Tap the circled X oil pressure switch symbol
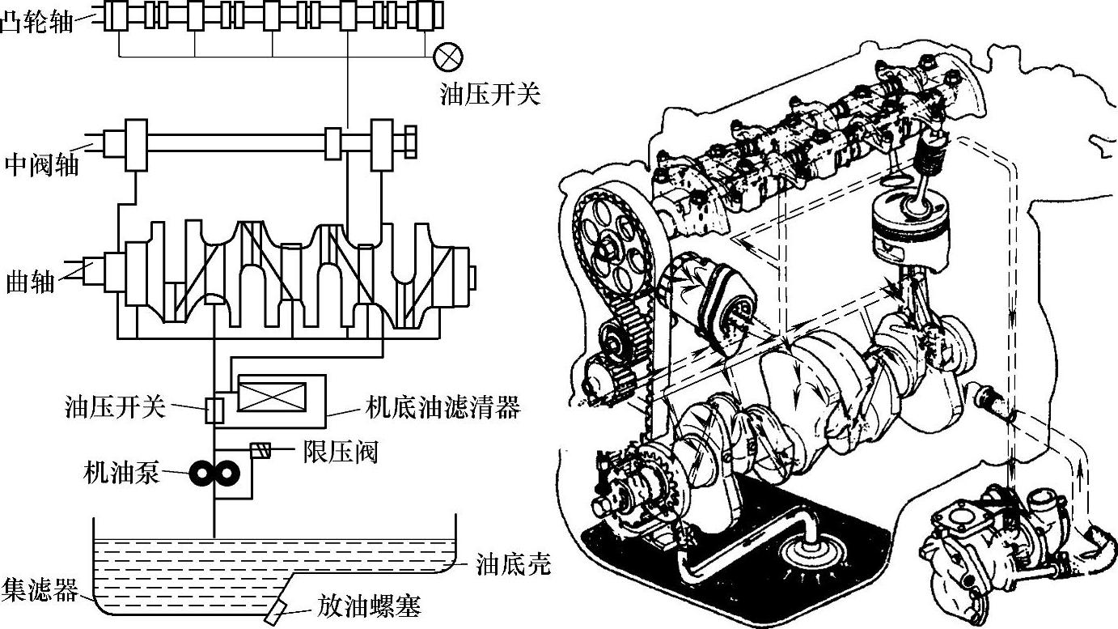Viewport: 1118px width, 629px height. [x=447, y=56]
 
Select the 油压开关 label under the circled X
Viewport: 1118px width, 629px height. [x=489, y=95]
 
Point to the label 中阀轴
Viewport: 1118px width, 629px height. [x=42, y=164]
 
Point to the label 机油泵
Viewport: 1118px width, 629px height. [x=120, y=472]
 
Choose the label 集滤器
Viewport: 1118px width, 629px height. [x=40, y=590]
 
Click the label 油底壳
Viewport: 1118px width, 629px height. [x=514, y=563]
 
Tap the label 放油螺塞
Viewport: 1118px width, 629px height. [x=370, y=606]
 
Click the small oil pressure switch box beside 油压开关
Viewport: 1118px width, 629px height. [x=214, y=410]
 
